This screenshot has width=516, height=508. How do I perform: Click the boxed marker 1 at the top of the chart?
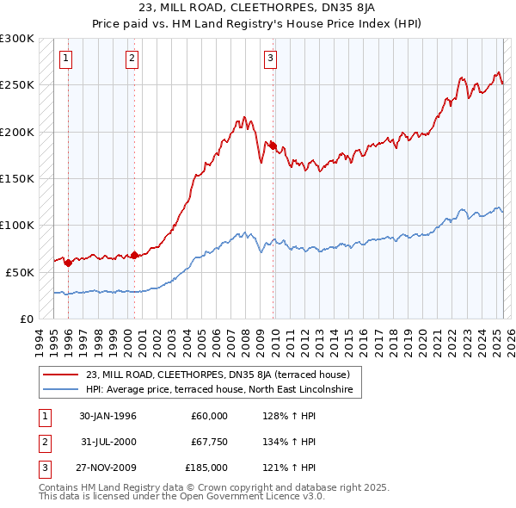point(67,59)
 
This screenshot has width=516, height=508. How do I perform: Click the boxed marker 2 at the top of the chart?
point(132,59)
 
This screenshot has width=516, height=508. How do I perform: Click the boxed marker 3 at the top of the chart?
point(270,59)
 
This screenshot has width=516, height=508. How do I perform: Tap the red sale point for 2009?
point(273,146)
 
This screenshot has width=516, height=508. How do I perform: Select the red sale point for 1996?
point(68,263)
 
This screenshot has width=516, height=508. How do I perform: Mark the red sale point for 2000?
point(134,255)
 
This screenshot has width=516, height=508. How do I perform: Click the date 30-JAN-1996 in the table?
point(107,416)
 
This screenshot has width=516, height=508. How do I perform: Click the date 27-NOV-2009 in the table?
point(107,468)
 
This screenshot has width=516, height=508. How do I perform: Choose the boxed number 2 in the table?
point(44,442)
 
